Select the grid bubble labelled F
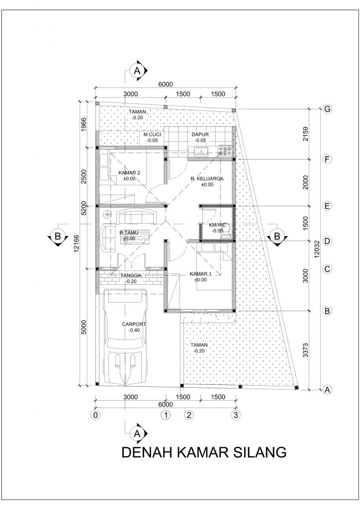coord(327,160)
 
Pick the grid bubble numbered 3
coord(236,414)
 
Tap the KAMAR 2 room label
coord(130,172)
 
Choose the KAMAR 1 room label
coord(201,274)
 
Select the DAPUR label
coord(200,134)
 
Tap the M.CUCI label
coord(151,134)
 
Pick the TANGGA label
coord(131,275)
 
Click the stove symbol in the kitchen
coord(226,151)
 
